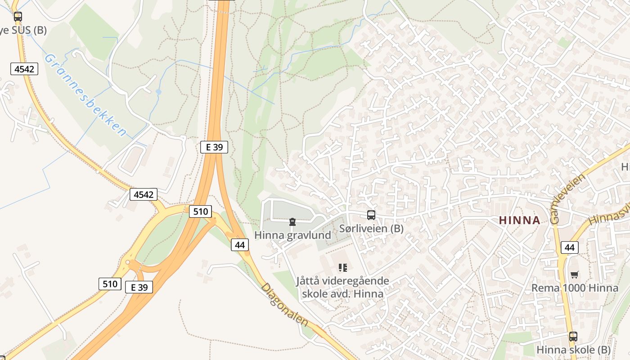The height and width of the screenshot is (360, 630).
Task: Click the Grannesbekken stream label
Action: tap(85, 95)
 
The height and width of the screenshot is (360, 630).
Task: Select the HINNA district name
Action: tap(519, 220)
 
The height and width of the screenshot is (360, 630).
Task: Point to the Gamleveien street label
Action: tap(568, 198)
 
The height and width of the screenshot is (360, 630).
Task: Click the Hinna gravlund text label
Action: tap(292, 235)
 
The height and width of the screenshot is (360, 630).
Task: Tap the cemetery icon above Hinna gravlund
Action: tap(292, 222)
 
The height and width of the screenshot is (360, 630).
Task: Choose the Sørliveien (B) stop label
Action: tap(371, 229)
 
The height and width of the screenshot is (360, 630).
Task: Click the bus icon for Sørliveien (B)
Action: tap(371, 215)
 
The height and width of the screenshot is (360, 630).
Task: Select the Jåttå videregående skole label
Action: tap(342, 287)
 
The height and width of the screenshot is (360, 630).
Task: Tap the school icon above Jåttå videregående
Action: tap(343, 268)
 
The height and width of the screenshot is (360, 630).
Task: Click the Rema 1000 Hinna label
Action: tap(575, 288)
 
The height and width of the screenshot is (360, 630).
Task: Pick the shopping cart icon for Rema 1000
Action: tap(575, 274)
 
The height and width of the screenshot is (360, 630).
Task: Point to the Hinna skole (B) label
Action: tap(573, 350)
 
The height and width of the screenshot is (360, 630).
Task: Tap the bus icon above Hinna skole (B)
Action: tap(573, 336)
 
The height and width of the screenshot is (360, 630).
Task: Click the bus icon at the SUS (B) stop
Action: tap(18, 17)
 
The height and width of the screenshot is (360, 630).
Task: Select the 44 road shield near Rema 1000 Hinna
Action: tap(570, 247)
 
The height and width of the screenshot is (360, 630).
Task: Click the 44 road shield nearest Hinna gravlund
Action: tap(240, 244)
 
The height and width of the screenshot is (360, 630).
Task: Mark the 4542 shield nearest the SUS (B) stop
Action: tap(24, 69)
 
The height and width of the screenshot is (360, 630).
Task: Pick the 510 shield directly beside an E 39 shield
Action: tap(110, 283)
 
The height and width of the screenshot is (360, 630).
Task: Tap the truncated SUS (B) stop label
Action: tap(23, 30)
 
